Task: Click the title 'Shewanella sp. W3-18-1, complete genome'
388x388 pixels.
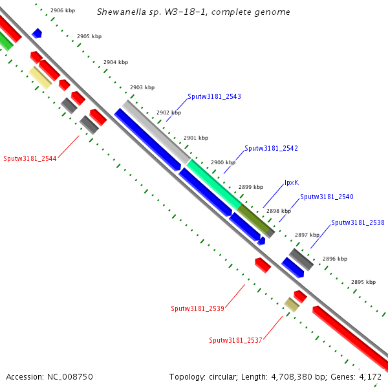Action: point(193,12)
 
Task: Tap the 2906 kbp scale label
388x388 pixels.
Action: point(63,10)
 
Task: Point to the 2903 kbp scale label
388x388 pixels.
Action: point(142,87)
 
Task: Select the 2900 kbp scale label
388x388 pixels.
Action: point(223,162)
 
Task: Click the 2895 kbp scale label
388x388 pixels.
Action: point(363,282)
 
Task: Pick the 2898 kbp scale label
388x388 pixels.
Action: point(279,211)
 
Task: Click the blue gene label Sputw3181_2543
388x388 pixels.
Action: point(214,96)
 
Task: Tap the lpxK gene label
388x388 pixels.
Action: point(292,183)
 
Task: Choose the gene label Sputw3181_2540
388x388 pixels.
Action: point(327,197)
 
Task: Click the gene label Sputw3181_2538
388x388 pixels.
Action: point(358,222)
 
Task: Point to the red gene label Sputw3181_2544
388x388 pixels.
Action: point(30,158)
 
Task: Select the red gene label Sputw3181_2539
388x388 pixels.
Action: point(197,308)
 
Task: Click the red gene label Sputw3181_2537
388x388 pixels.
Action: point(235,340)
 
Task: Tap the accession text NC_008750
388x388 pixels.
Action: point(49,376)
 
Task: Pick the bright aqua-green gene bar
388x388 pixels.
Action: point(213,183)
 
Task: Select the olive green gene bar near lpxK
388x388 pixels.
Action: point(253,218)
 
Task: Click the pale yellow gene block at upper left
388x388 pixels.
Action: point(40,78)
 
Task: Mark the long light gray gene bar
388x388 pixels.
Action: point(156,131)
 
